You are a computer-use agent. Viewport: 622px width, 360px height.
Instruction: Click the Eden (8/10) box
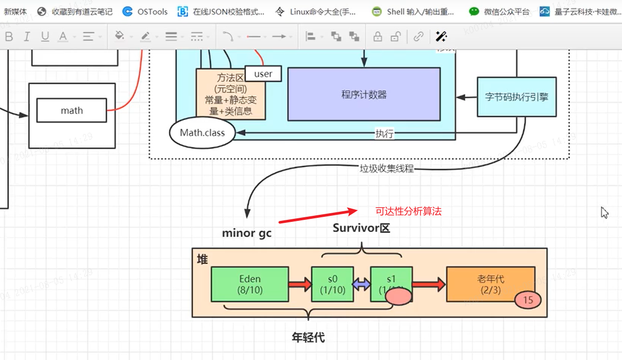(x=250, y=284)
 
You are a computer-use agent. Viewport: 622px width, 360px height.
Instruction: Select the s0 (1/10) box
(x=332, y=284)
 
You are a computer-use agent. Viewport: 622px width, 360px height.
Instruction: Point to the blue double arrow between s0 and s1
(x=362, y=284)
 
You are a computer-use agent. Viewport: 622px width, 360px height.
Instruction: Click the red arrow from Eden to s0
(x=300, y=284)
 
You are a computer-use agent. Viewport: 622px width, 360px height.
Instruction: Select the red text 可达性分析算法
(x=408, y=212)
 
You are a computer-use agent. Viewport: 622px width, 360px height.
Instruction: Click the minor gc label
(x=246, y=233)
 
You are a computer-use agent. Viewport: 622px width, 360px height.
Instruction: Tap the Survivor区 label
(x=361, y=228)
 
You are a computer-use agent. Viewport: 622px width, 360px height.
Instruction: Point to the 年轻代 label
(x=308, y=338)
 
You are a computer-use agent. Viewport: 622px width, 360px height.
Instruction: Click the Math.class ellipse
(x=202, y=133)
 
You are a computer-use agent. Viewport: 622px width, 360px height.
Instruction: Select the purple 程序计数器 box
(x=363, y=94)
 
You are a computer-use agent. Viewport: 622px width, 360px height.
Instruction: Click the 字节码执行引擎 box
(x=516, y=97)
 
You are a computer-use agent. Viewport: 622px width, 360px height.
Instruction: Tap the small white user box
(x=263, y=74)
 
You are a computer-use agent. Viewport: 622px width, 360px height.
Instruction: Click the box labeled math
(x=72, y=110)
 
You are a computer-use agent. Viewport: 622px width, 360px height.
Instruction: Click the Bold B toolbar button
(x=9, y=36)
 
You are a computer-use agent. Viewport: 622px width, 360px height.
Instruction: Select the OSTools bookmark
(x=146, y=12)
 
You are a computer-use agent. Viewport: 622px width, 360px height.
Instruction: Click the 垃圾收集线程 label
(x=386, y=169)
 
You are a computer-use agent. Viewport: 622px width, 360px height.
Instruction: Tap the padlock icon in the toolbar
(x=377, y=36)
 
